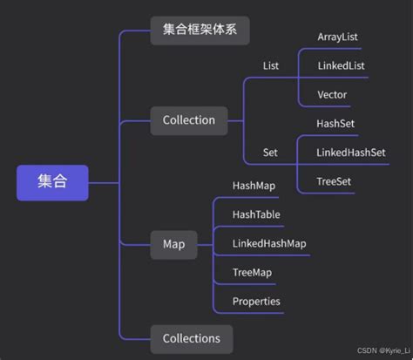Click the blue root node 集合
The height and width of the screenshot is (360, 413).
[x=51, y=182]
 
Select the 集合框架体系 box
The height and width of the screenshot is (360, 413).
[x=200, y=30]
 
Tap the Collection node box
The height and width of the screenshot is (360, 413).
[x=188, y=120]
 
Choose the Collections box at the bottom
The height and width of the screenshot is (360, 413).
[x=192, y=338]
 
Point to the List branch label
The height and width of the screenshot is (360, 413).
[x=270, y=65]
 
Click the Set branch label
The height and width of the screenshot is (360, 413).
[x=270, y=153]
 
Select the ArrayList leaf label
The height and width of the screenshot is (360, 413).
[x=337, y=37]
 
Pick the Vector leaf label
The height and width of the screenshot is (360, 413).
[x=333, y=93]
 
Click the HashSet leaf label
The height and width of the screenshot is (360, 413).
[x=336, y=124]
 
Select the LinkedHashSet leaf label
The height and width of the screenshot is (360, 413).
[x=351, y=153]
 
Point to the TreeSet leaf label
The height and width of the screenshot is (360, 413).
[x=335, y=181]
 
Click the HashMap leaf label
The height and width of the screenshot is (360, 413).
[x=254, y=186]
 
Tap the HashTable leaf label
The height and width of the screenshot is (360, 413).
[x=256, y=214]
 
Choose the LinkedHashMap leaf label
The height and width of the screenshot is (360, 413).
[x=269, y=243]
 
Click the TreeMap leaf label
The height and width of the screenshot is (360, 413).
[x=253, y=272]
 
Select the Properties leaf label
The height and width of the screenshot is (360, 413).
[x=256, y=302]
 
